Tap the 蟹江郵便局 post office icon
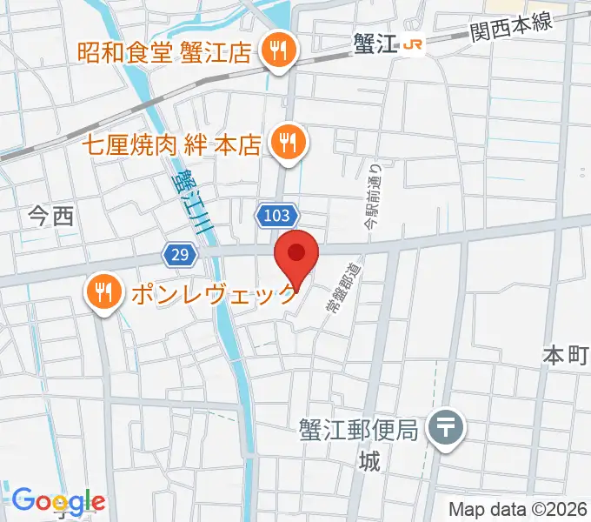[x=448, y=428]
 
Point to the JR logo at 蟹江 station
[x=415, y=44]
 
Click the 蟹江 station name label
[x=375, y=44]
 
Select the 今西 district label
[x=51, y=217]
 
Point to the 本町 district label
[x=566, y=355]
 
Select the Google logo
[x=58, y=501]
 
